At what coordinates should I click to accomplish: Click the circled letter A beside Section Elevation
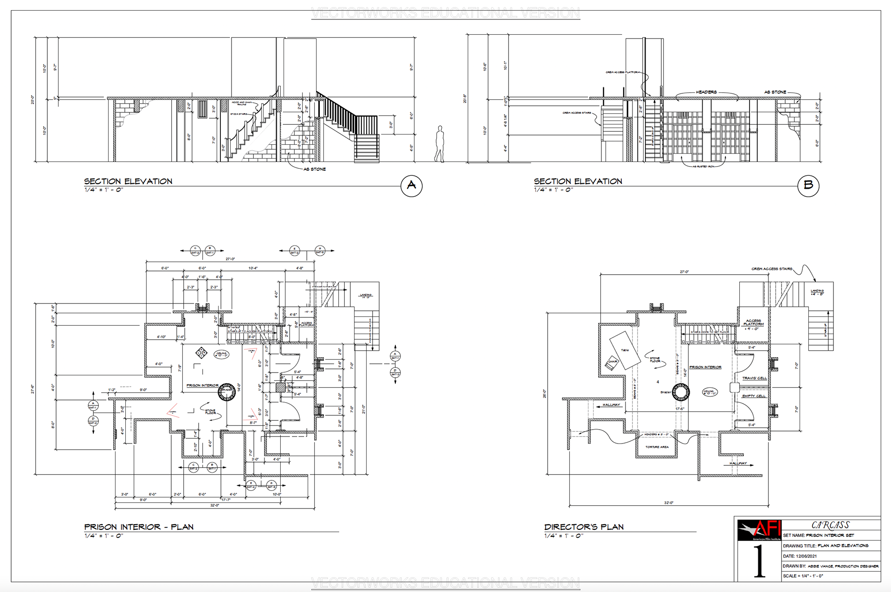pyautogui.click(x=411, y=186)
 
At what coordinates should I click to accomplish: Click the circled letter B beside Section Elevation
pyautogui.click(x=808, y=186)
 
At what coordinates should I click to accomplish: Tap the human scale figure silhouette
pyautogui.click(x=439, y=144)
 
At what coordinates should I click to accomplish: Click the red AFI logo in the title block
pyautogui.click(x=759, y=530)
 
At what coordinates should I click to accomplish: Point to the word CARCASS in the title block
pyautogui.click(x=831, y=525)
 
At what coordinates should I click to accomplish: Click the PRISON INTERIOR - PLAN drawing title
pyautogui.click(x=139, y=527)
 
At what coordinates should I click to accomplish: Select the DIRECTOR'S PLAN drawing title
pyautogui.click(x=584, y=527)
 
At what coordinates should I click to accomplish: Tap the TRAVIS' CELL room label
pyautogui.click(x=754, y=379)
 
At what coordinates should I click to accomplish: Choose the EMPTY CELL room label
pyautogui.click(x=754, y=396)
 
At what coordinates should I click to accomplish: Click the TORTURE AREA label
pyautogui.click(x=657, y=447)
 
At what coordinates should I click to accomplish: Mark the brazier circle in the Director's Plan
pyautogui.click(x=681, y=393)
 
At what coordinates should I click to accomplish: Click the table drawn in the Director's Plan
pyautogui.click(x=625, y=350)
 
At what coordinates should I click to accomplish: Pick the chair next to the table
pyautogui.click(x=612, y=363)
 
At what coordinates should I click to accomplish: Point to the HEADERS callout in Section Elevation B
pyautogui.click(x=706, y=92)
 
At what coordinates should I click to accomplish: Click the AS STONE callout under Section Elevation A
pyautogui.click(x=315, y=169)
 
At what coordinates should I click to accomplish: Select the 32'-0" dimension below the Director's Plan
pyautogui.click(x=668, y=503)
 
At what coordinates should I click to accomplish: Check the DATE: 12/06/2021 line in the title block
pyautogui.click(x=800, y=556)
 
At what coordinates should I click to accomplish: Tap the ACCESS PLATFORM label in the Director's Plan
pyautogui.click(x=753, y=322)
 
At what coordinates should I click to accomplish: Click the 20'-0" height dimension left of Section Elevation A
pyautogui.click(x=32, y=100)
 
